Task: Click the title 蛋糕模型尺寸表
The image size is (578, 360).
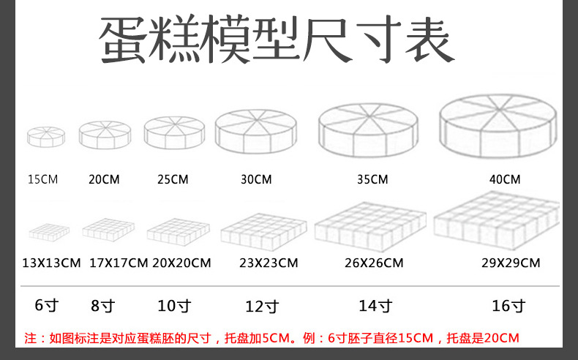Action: click(277, 40)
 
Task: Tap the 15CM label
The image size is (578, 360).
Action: click(42, 179)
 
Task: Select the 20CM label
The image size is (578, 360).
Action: click(104, 179)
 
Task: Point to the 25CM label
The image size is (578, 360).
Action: click(173, 179)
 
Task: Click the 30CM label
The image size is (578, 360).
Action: click(256, 179)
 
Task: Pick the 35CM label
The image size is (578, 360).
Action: click(372, 179)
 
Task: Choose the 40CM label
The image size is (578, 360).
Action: click(505, 179)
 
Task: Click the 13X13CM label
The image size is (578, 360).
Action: click(50, 263)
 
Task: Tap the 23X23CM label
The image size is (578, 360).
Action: click(269, 263)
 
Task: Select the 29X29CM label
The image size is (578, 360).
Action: click(511, 263)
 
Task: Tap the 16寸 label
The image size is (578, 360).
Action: click(508, 306)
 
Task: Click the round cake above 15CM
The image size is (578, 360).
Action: click(46, 136)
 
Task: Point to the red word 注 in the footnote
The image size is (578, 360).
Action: click(30, 338)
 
